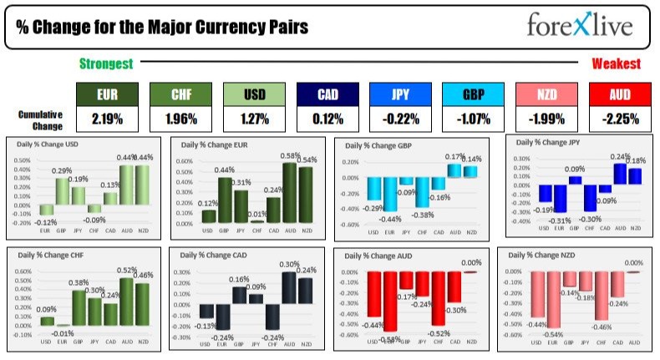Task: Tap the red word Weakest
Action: point(617,63)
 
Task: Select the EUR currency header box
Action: point(107,94)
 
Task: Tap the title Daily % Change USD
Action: point(49,144)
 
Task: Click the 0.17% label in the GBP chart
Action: point(454,156)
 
